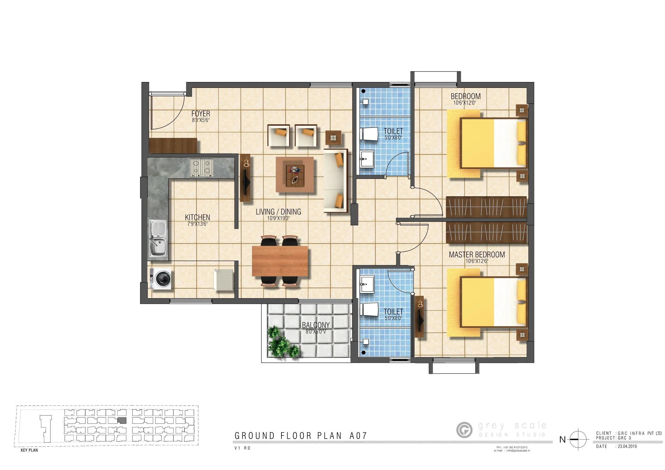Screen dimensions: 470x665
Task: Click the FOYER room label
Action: [x=200, y=114]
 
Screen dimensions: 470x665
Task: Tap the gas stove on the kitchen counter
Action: [x=201, y=167]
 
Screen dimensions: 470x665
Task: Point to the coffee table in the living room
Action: [x=295, y=174]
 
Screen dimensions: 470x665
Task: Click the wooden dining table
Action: [x=280, y=261]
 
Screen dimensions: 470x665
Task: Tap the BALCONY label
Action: [x=316, y=325]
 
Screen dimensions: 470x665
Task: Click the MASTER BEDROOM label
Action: [x=477, y=255]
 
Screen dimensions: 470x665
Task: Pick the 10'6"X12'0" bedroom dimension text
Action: [x=465, y=103]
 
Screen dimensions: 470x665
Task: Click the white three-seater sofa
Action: [x=335, y=181]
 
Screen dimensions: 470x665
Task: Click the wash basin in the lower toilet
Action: [x=367, y=284]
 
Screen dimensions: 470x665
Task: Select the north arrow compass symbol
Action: [x=578, y=439]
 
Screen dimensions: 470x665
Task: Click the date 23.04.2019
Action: [x=627, y=446]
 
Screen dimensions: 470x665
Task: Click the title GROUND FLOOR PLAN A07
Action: [x=301, y=436]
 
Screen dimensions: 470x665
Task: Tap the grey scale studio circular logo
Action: [x=464, y=430]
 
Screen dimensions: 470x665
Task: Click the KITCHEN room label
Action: [x=198, y=217]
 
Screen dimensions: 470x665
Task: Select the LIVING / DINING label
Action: [x=278, y=212]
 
